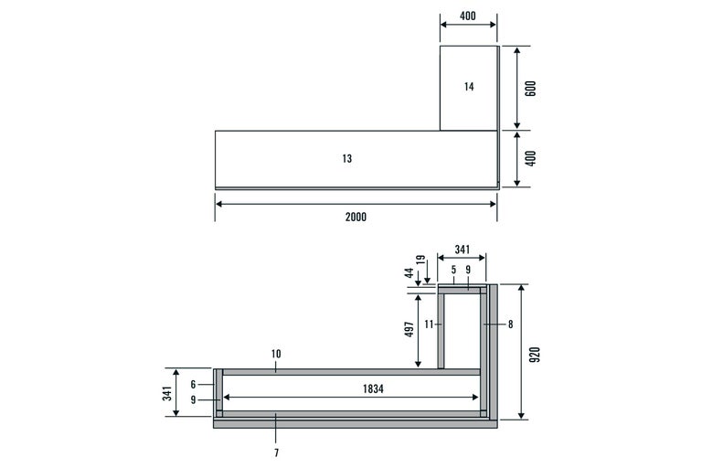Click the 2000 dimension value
356,218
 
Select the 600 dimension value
530,89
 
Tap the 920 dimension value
535,355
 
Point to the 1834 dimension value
373,388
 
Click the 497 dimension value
409,329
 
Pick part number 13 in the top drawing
347,158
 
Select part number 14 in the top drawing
469,87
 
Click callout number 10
276,354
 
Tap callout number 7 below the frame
276,452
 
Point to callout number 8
510,324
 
